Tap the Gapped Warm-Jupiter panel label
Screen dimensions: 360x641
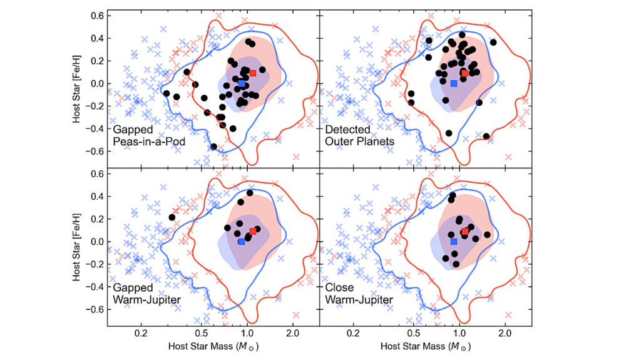(147, 294)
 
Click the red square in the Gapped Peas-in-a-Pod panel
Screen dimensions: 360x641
(253, 73)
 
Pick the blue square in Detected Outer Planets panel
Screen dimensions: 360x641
(454, 83)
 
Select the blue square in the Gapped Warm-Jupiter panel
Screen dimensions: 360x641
(242, 242)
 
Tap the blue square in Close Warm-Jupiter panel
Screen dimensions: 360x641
(454, 242)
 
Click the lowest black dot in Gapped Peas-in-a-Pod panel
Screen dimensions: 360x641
(214, 147)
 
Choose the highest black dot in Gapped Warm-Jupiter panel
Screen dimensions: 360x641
(250, 193)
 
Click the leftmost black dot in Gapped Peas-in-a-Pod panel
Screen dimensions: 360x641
(166, 93)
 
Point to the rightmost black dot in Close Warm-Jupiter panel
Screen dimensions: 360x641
(487, 235)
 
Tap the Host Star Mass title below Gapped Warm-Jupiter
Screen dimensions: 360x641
(213, 346)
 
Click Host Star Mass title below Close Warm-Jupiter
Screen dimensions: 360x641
(426, 346)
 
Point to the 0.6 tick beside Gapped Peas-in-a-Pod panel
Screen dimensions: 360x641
(96, 16)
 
